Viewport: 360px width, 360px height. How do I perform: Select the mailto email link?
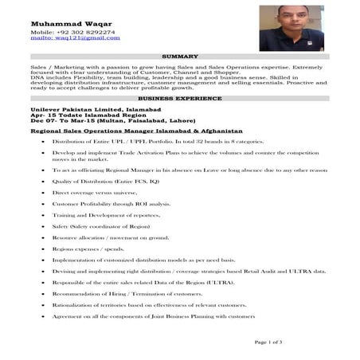pos(63,37)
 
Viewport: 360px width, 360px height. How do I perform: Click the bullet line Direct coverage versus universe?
pos(92,193)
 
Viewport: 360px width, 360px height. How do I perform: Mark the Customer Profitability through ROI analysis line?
pos(111,204)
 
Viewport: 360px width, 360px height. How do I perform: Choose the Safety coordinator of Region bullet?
pos(100,226)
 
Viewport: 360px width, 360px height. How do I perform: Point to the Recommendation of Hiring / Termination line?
pos(127,295)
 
